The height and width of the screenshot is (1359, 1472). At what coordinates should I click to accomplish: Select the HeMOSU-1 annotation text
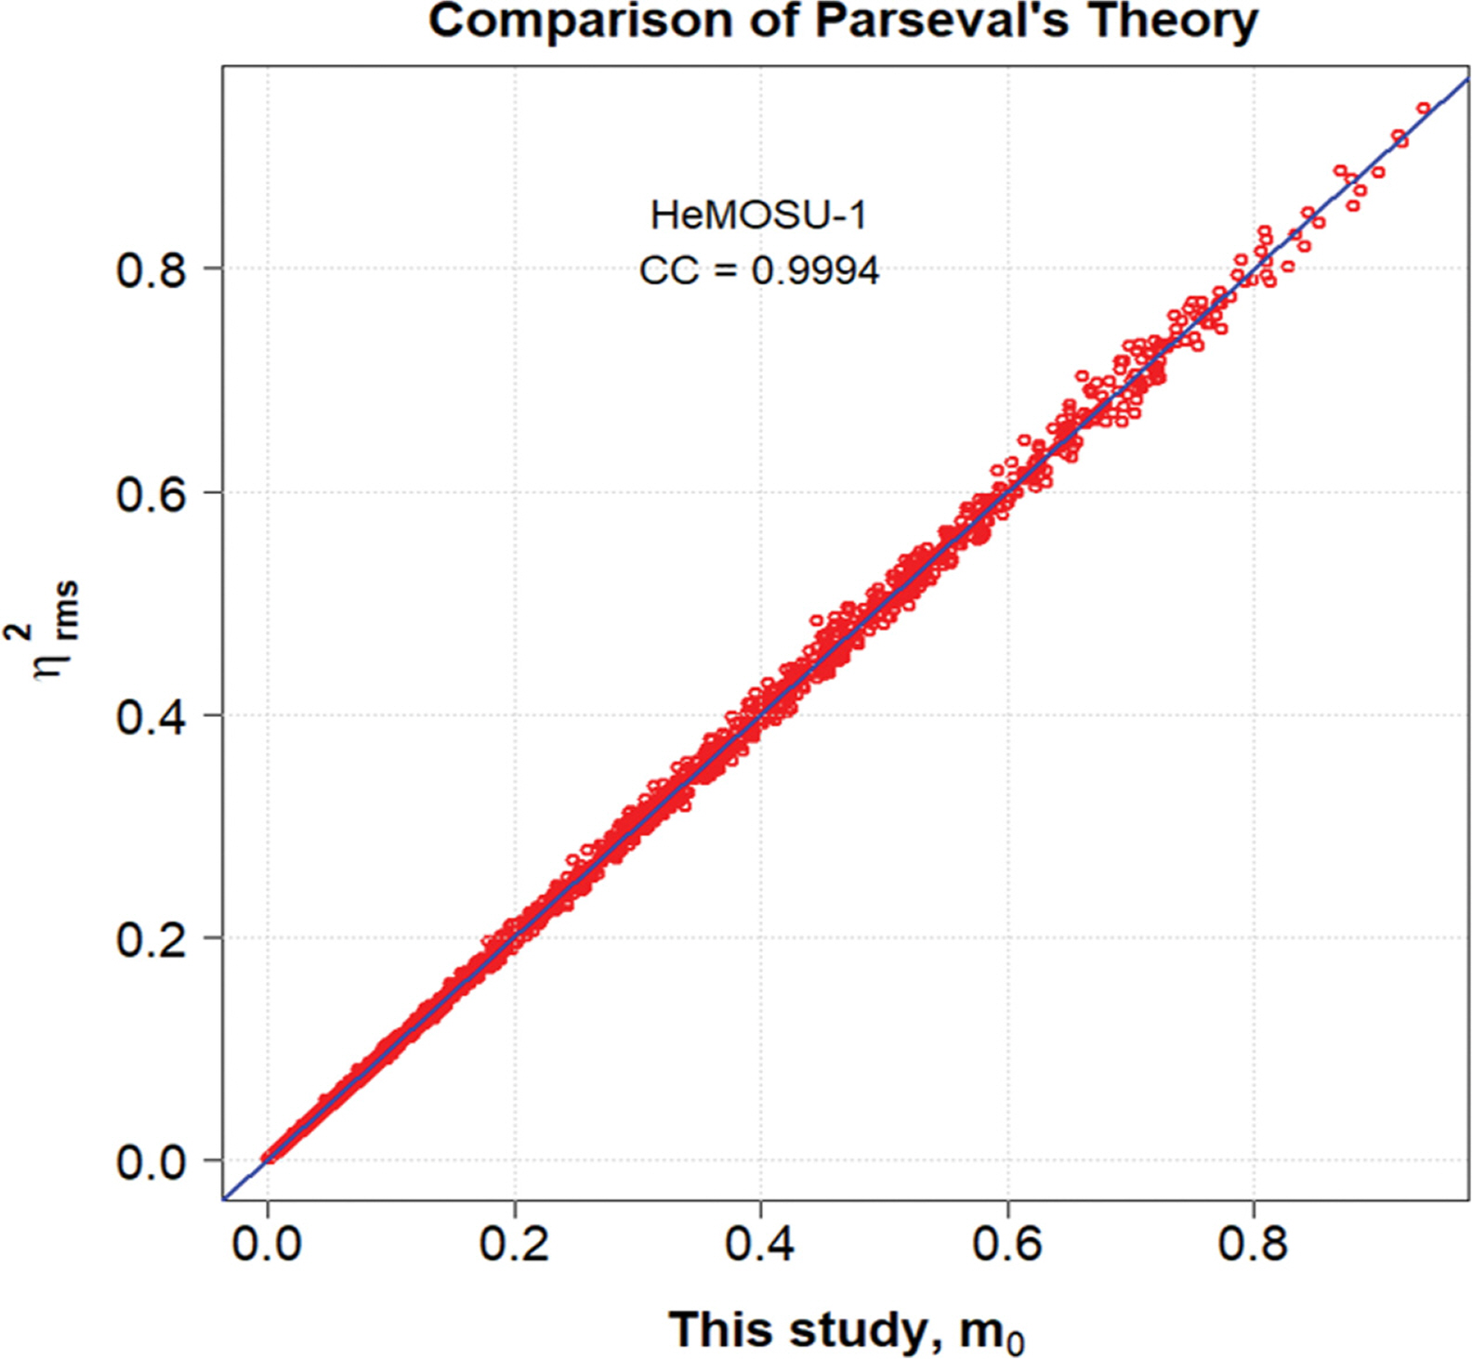(x=758, y=216)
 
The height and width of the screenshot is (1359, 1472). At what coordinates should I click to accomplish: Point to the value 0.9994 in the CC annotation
(x=815, y=271)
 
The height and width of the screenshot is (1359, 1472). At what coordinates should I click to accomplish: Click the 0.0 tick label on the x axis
(x=268, y=1243)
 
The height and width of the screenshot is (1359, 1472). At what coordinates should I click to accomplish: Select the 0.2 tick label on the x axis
(x=514, y=1243)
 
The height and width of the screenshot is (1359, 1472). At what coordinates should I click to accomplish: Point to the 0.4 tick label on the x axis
(x=760, y=1243)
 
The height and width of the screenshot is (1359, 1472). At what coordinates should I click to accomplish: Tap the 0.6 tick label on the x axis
(x=1006, y=1243)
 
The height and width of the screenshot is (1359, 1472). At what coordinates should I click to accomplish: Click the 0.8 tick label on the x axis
(x=1253, y=1243)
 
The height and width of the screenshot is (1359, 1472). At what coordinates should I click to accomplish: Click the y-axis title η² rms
(x=56, y=632)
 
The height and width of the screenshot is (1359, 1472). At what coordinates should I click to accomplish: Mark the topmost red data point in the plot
(x=1423, y=109)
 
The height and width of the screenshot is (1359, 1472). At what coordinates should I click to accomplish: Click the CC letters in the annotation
(x=668, y=271)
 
